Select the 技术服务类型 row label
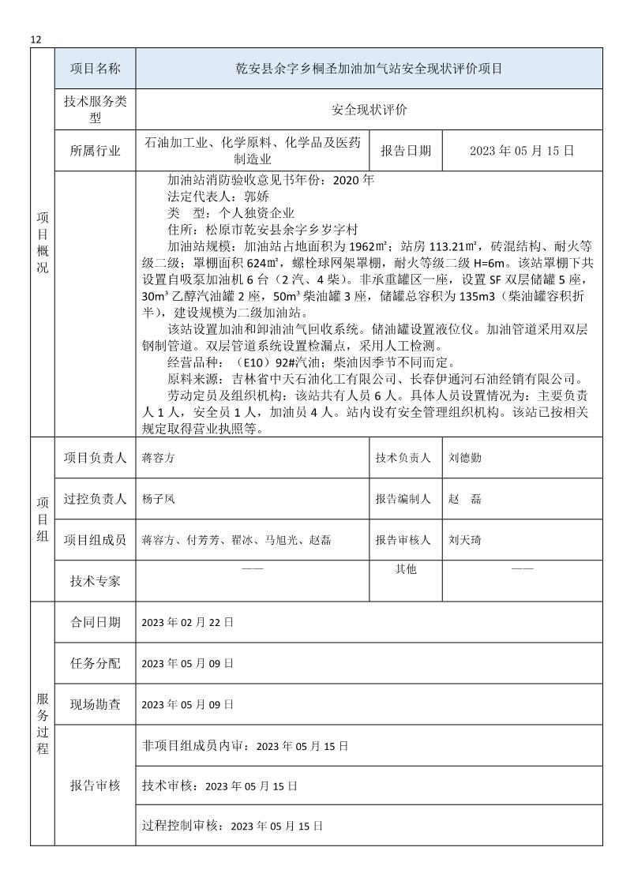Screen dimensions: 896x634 click(x=95, y=111)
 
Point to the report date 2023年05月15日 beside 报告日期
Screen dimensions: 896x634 click(x=521, y=150)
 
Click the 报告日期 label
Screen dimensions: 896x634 click(x=406, y=150)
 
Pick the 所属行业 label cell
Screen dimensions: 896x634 click(x=95, y=150)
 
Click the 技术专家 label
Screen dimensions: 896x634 click(x=95, y=581)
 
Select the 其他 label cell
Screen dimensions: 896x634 click(x=406, y=569)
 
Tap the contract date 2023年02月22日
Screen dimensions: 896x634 click(x=187, y=622)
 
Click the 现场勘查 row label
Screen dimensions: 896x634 click(x=95, y=704)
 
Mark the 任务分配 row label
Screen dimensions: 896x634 click(x=95, y=663)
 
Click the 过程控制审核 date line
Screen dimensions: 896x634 click(x=232, y=826)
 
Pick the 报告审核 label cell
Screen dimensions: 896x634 click(x=95, y=785)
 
